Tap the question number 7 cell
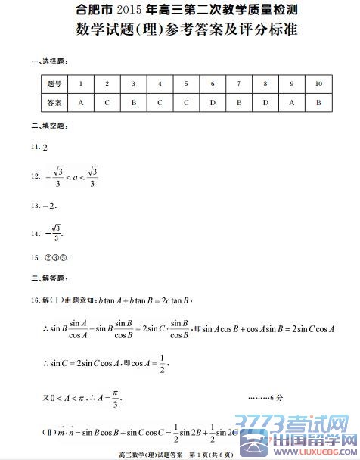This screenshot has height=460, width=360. coord(239,83)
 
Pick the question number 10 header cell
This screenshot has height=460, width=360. coord(318,83)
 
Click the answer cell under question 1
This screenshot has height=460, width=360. coord(80,102)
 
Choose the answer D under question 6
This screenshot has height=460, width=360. coord(213,102)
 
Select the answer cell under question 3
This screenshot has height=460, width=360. coord(133,102)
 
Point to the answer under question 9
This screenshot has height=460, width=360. coord(292,102)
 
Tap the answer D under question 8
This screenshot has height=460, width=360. coord(265,102)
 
